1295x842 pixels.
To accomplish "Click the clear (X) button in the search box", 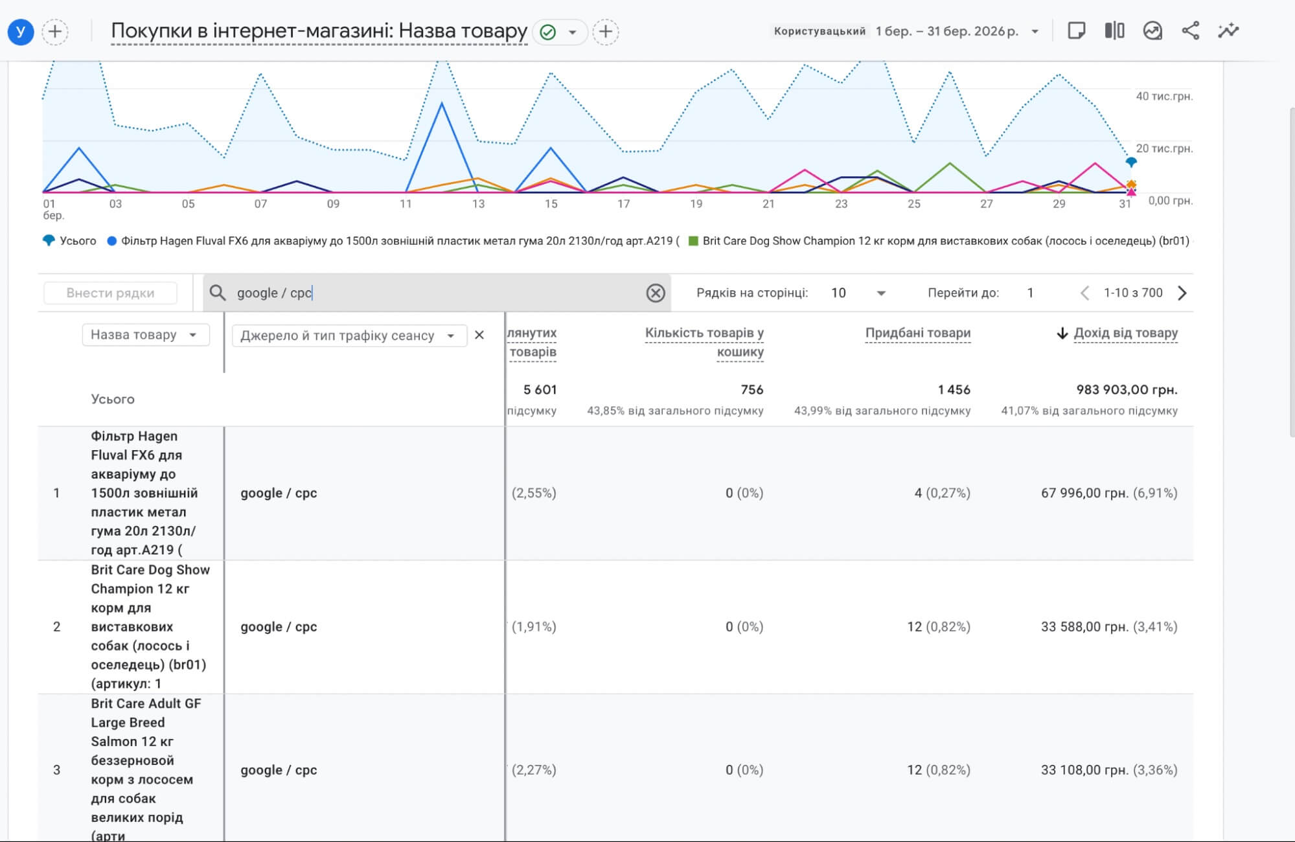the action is coord(656,293).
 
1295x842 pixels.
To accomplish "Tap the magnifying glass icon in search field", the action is coord(218,293).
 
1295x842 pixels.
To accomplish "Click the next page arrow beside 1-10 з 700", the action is coord(1182,293).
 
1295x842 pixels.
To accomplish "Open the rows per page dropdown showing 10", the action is coord(858,293).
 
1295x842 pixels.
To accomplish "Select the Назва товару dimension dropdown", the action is coord(145,335).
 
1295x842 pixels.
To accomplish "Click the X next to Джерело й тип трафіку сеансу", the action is coord(479,335).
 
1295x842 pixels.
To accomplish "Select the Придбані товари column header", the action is coord(918,333).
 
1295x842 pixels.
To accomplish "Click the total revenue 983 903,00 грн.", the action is coord(1127,389).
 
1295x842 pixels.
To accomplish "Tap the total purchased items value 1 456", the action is coord(954,389).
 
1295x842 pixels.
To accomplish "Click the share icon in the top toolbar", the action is coord(1191,30).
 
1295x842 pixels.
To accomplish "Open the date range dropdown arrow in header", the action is coord(1035,31).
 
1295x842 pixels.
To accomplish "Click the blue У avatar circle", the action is coord(21,32).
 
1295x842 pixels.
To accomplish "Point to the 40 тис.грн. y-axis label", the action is coord(1164,96).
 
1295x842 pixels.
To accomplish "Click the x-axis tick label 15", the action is coord(551,204).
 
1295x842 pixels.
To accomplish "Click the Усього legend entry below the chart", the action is coord(69,241).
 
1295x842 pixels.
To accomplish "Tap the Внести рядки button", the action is coord(110,293).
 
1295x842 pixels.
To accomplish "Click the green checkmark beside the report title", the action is coord(547,32).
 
